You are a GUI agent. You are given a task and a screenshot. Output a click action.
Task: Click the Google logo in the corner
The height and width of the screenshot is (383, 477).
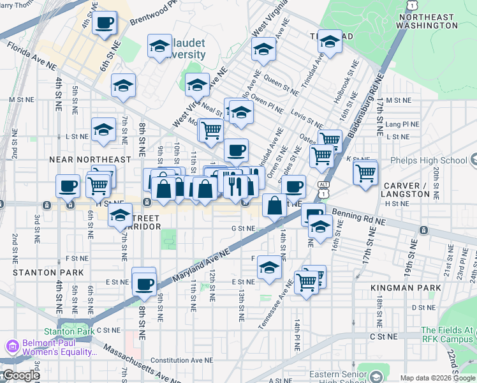[20, 375]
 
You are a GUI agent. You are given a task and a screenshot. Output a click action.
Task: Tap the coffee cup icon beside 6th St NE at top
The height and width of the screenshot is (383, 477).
[105, 23]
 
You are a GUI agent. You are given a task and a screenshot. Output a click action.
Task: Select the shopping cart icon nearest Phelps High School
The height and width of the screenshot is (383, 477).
[365, 172]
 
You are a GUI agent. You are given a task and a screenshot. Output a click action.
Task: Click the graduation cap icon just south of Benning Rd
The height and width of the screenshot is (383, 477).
[320, 226]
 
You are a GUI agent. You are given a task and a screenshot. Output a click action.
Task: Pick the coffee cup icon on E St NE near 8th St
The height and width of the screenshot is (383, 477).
[145, 283]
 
